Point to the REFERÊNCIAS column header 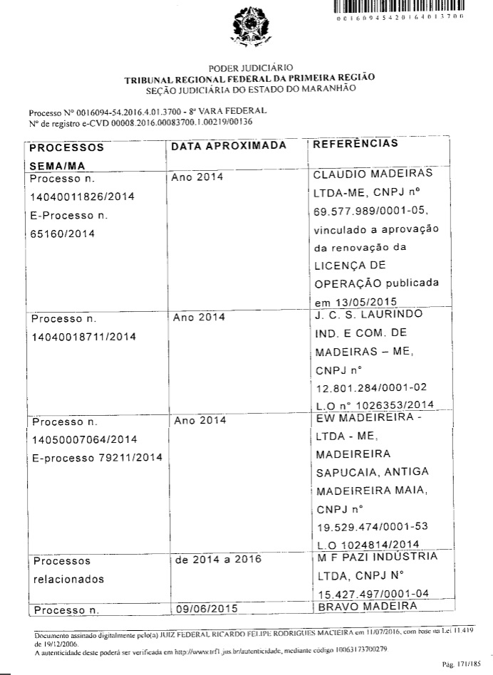coord(356,144)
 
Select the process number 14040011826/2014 coord(84,196)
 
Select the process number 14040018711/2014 coord(84,335)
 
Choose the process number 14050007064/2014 coord(84,438)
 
